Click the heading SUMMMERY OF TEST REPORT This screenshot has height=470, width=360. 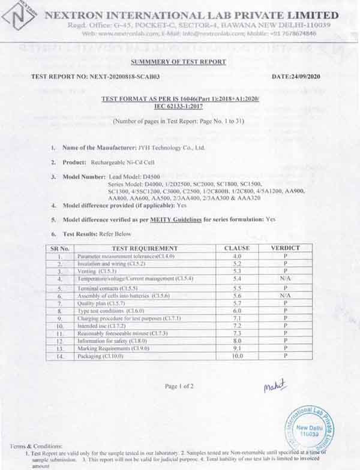point(179,62)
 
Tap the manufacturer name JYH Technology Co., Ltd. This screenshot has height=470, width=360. point(168,147)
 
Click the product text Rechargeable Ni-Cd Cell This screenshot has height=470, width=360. point(123,162)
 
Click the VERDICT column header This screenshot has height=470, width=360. point(285,248)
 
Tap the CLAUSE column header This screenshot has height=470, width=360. point(236,248)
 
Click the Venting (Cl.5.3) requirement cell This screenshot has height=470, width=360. point(96,271)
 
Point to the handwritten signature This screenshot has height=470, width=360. point(275,386)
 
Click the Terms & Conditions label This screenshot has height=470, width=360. point(36,447)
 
